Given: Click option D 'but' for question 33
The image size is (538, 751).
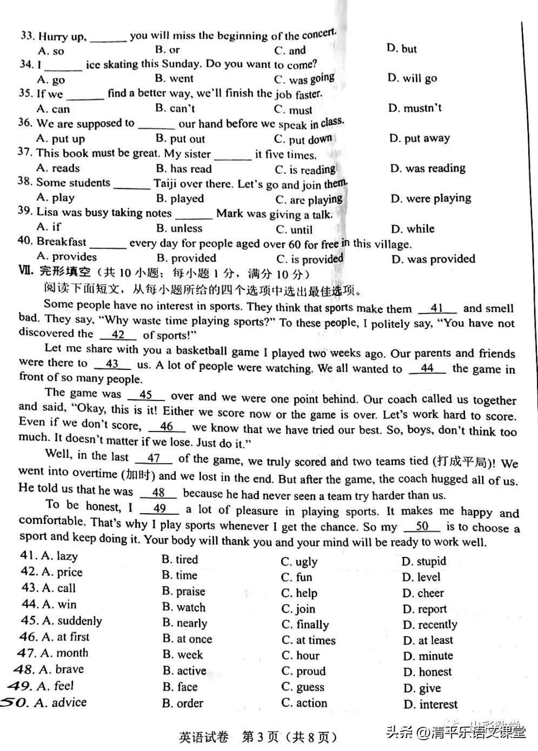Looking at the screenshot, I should (x=402, y=49).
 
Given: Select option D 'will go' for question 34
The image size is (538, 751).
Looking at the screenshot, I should (x=412, y=78).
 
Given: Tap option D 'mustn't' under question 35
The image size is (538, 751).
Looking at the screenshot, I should (x=415, y=108).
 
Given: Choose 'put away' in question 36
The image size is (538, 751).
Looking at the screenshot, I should (x=420, y=138).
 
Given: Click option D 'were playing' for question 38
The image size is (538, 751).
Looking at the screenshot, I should (x=431, y=198).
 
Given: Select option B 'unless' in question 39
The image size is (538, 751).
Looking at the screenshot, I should (x=179, y=228).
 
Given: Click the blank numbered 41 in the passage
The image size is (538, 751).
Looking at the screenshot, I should (x=437, y=309).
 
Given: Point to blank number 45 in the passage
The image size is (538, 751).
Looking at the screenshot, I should (x=145, y=395).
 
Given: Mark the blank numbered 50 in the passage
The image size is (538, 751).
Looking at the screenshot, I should (x=422, y=527).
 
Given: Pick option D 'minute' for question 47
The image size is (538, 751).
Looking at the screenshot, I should (x=428, y=656).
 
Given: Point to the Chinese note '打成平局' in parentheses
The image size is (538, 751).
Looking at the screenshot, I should (x=461, y=462).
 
